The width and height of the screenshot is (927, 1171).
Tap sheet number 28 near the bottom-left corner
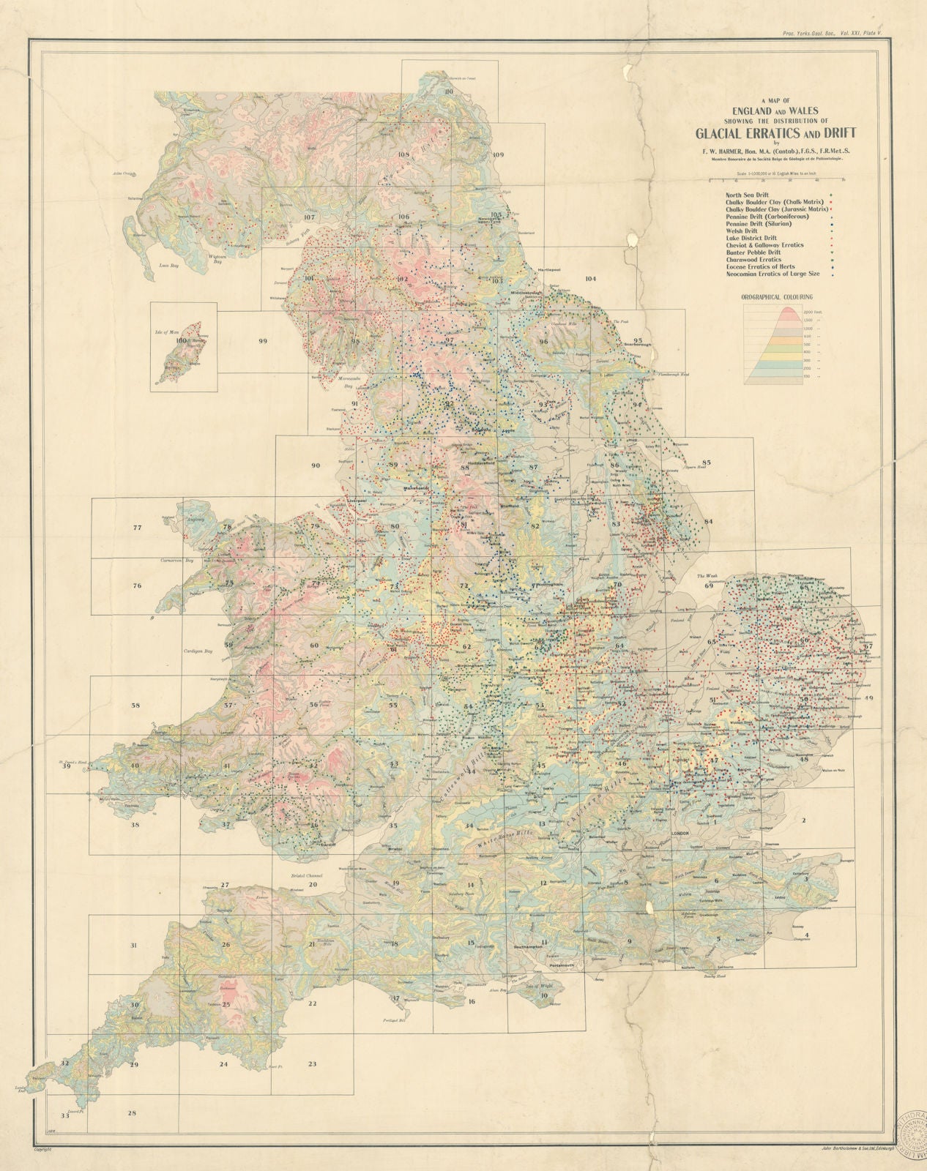click(x=132, y=1113)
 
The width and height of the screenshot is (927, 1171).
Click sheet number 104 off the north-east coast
click(x=591, y=278)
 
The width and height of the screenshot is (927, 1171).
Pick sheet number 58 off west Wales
click(x=135, y=706)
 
